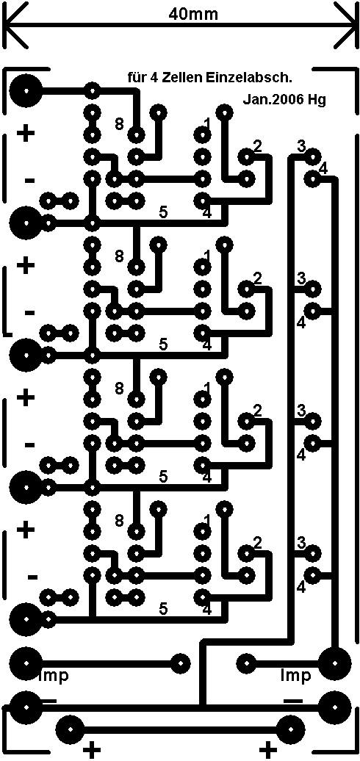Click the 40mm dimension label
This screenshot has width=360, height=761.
click(x=193, y=14)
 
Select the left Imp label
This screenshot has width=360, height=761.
click(x=54, y=675)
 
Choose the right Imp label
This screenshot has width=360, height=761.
click(x=295, y=675)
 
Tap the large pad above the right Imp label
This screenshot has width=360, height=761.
click(x=335, y=663)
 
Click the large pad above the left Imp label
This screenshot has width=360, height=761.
click(x=25, y=663)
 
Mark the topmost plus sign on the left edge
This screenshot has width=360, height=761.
click(x=26, y=133)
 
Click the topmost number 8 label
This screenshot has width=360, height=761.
click(x=119, y=123)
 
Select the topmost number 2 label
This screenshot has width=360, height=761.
click(x=258, y=145)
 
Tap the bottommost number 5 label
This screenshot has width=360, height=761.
click(x=164, y=608)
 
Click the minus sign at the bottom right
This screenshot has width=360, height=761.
click(x=292, y=700)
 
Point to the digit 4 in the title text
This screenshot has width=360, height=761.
click(x=147, y=77)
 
